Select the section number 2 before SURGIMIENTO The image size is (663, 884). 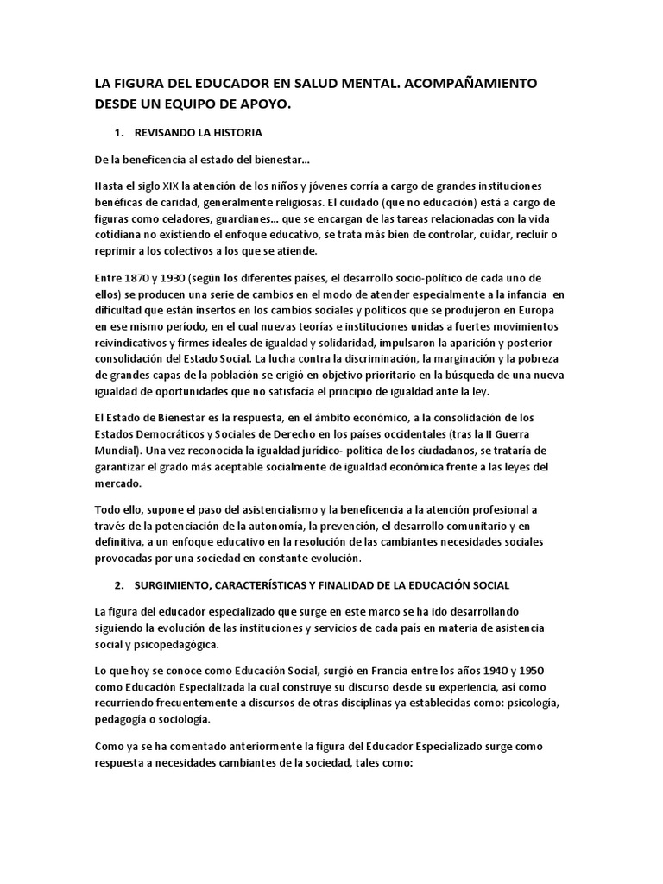[118, 584]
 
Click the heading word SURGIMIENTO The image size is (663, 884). [176, 584]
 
